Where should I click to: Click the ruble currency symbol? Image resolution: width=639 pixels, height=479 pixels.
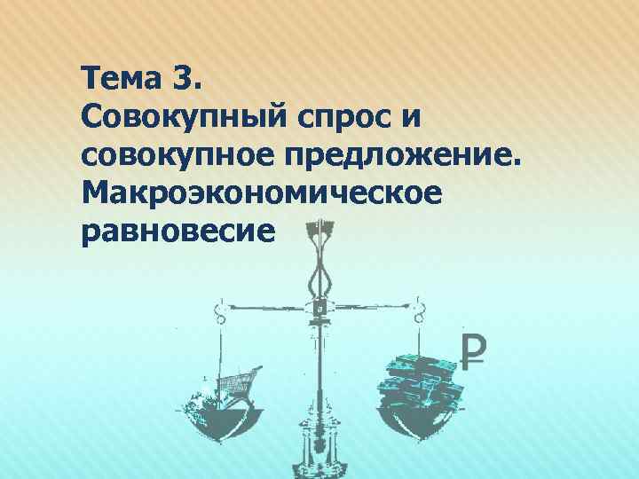click(x=475, y=353)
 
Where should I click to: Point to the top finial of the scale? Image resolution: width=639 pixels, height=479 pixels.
click(x=317, y=230)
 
